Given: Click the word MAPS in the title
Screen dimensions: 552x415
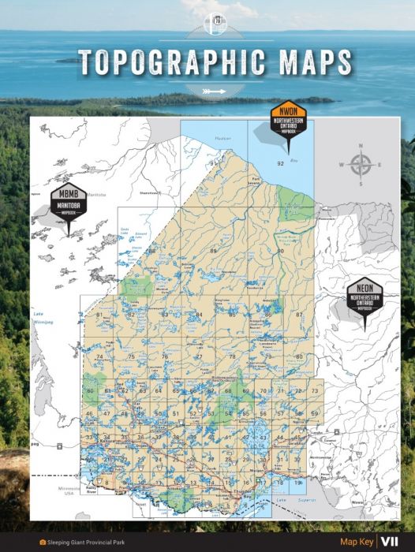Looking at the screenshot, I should [x=305, y=61].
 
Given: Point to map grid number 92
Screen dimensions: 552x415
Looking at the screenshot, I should [x=280, y=163].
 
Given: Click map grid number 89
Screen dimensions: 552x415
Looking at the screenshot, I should [x=213, y=250].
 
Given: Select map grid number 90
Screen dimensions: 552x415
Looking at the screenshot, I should [x=280, y=250].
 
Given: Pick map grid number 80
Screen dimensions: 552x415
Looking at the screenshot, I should [x=299, y=356].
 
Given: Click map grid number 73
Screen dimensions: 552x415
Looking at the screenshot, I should [x=315, y=391].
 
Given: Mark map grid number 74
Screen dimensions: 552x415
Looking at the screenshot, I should [x=99, y=356].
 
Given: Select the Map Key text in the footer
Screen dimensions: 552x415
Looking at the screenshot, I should [x=356, y=542].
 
